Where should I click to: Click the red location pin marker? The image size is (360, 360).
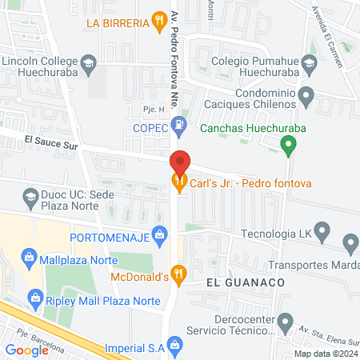(180, 162)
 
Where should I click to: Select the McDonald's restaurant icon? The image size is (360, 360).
(180, 274)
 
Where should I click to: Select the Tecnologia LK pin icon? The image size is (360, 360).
(322, 234)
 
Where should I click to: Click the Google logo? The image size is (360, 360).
(27, 350)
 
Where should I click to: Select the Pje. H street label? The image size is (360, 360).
(141, 108)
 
